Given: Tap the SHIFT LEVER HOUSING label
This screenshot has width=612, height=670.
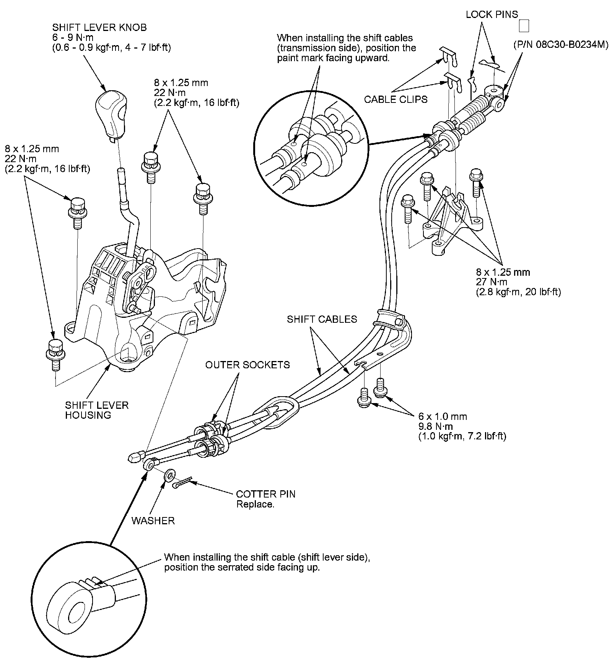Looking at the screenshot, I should (96, 410).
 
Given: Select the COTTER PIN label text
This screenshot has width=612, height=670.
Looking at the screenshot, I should (265, 494).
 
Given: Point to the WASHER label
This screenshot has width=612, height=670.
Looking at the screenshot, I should (153, 520).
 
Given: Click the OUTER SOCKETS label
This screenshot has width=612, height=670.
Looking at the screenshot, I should (247, 365).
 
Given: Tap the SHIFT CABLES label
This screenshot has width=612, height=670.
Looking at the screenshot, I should (322, 319).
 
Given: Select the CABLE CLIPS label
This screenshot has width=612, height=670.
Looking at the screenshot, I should (396, 99).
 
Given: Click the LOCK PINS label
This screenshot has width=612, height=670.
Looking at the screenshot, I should (492, 15).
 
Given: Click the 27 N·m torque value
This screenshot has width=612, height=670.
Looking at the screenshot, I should (492, 282).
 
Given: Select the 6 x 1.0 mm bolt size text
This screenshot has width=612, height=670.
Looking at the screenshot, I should (443, 416).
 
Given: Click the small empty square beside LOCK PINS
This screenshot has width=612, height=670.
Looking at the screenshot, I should (524, 26).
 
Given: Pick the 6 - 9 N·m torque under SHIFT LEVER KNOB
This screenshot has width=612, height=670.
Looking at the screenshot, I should (73, 37).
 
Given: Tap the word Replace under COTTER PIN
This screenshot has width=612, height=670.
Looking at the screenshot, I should (255, 504).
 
